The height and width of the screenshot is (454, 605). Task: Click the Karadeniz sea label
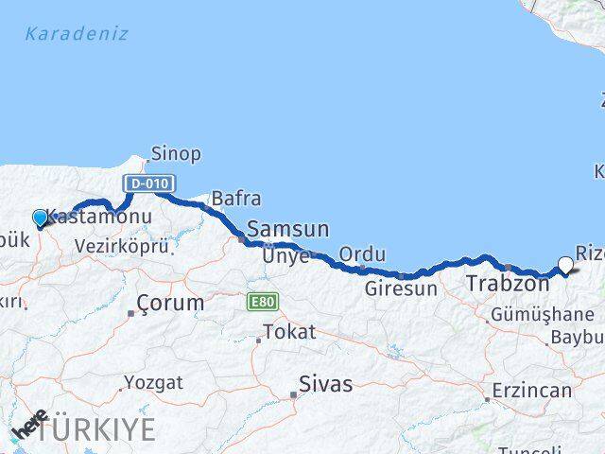(x=77, y=35)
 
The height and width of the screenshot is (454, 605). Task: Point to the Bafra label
(x=235, y=199)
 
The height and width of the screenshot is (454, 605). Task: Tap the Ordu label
(x=362, y=254)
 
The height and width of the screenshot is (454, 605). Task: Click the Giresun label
(x=402, y=288)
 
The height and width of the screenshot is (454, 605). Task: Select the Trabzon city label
(x=508, y=283)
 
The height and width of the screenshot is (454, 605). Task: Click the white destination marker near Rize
(x=566, y=265)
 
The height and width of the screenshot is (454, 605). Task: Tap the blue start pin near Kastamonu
(x=40, y=218)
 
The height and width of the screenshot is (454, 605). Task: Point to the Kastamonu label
(x=88, y=217)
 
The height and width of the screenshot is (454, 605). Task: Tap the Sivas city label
(x=325, y=384)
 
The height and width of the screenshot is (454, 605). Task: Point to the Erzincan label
(x=531, y=391)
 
